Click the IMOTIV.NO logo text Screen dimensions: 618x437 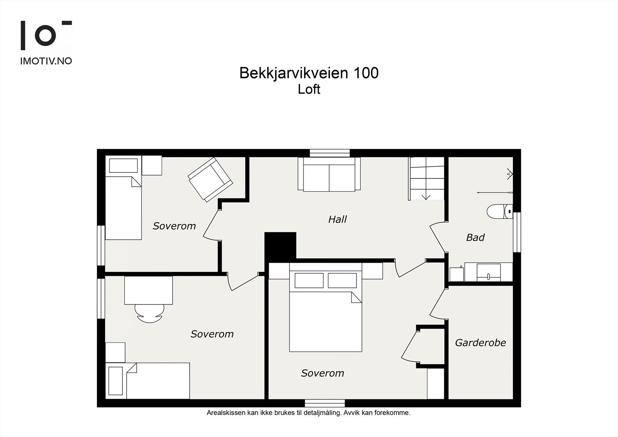pos(46,61)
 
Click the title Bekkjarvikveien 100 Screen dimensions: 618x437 pos(309,73)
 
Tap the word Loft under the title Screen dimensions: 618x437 pos(309,89)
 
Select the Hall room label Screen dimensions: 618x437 pos(337,219)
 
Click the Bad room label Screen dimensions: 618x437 pos(475,237)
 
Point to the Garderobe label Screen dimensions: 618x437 pos(480,343)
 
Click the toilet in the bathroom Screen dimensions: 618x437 pos(500,211)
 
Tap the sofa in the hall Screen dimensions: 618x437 pos(329,174)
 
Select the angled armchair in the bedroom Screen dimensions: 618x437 pos(210,179)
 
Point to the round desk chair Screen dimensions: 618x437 pos(149,313)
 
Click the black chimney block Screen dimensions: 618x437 pos(280,246)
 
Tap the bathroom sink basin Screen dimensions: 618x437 pos(489,272)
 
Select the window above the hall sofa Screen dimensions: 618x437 pos(330,153)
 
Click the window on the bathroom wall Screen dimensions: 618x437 pos(517,232)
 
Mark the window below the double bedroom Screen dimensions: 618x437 pos(325,403)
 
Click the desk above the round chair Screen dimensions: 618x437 pos(148,290)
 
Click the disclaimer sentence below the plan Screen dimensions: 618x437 pos(309,413)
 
